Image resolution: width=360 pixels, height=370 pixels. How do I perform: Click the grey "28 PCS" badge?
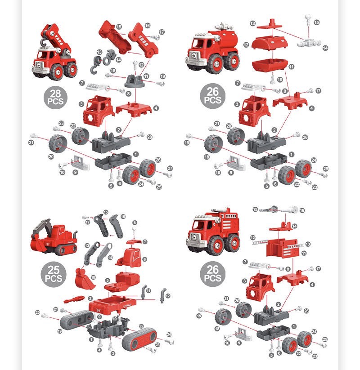[55, 97]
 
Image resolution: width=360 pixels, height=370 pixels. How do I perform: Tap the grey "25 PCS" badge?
[54, 274]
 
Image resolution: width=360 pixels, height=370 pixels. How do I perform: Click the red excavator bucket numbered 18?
[85, 279]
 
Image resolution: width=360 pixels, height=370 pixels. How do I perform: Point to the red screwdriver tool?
[74, 299]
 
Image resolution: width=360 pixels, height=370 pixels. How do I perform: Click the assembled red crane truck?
[54, 53]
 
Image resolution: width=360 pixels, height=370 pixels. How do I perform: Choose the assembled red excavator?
[54, 237]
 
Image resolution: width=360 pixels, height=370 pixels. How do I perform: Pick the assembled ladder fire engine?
[213, 231]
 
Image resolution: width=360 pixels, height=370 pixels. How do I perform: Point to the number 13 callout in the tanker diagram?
[252, 23]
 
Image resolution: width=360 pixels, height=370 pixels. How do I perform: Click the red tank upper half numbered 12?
[270, 43]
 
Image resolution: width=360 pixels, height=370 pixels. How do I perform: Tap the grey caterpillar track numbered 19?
[76, 320]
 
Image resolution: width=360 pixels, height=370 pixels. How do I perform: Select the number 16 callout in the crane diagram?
[148, 26]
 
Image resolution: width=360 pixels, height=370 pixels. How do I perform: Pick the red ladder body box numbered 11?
[282, 248]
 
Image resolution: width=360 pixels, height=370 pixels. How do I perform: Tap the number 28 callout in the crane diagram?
[149, 137]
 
